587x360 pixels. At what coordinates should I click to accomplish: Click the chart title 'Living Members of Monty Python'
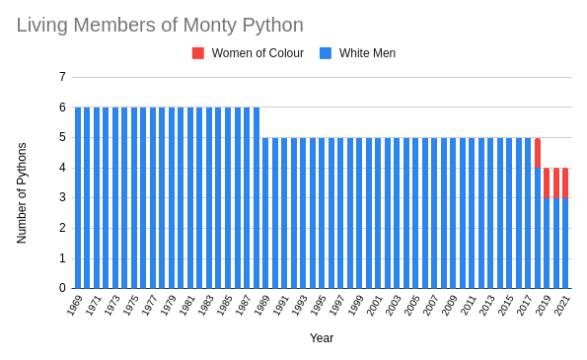160,25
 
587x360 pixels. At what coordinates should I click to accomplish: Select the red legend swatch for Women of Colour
198,53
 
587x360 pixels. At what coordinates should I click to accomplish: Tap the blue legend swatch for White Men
326,53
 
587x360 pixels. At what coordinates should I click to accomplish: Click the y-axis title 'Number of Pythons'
22,192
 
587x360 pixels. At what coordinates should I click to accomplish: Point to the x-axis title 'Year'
322,338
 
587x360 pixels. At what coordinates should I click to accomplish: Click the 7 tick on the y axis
62,77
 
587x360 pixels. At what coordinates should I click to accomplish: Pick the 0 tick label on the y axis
62,288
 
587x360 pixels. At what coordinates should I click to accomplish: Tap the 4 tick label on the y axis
62,168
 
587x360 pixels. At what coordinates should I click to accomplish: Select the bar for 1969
78,197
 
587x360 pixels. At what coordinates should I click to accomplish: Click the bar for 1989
265,212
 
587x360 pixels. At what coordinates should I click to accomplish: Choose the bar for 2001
378,212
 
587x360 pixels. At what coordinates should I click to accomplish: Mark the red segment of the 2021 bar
565,182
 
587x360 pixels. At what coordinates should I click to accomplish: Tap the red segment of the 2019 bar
547,182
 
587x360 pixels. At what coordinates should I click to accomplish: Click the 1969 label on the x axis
75,306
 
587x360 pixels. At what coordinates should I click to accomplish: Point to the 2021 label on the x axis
562,306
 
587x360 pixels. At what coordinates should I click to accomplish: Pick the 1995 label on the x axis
319,306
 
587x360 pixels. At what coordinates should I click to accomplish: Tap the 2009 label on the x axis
450,306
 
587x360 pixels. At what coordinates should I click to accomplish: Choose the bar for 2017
528,212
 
